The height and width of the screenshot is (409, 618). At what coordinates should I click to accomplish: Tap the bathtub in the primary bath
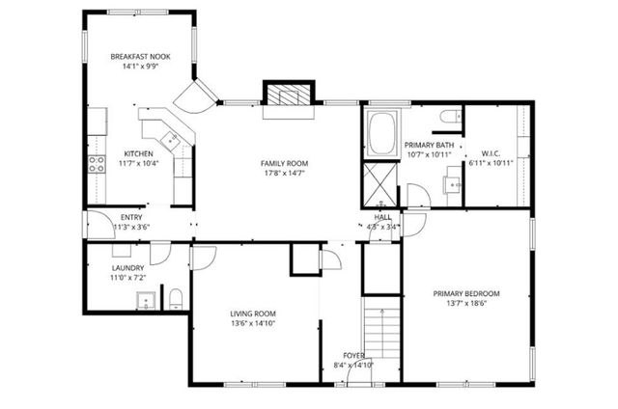pyautogui.click(x=381, y=132)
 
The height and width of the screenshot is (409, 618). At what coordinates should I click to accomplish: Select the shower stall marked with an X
pyautogui.click(x=375, y=181)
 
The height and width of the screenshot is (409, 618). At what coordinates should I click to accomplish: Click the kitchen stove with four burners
pyautogui.click(x=98, y=164)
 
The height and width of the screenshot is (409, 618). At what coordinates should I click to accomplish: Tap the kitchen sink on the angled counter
pyautogui.click(x=173, y=140)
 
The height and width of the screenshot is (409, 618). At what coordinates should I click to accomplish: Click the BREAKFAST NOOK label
pyautogui.click(x=141, y=57)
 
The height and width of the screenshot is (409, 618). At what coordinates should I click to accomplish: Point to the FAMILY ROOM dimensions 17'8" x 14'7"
pyautogui.click(x=284, y=174)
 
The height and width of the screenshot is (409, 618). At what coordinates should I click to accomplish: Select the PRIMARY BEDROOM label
pyautogui.click(x=465, y=293)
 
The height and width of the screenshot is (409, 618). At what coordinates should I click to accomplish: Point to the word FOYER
pyautogui.click(x=353, y=355)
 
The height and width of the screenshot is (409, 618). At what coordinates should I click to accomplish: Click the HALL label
pyautogui.click(x=382, y=218)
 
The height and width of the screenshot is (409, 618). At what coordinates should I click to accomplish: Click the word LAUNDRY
pyautogui.click(x=127, y=267)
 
